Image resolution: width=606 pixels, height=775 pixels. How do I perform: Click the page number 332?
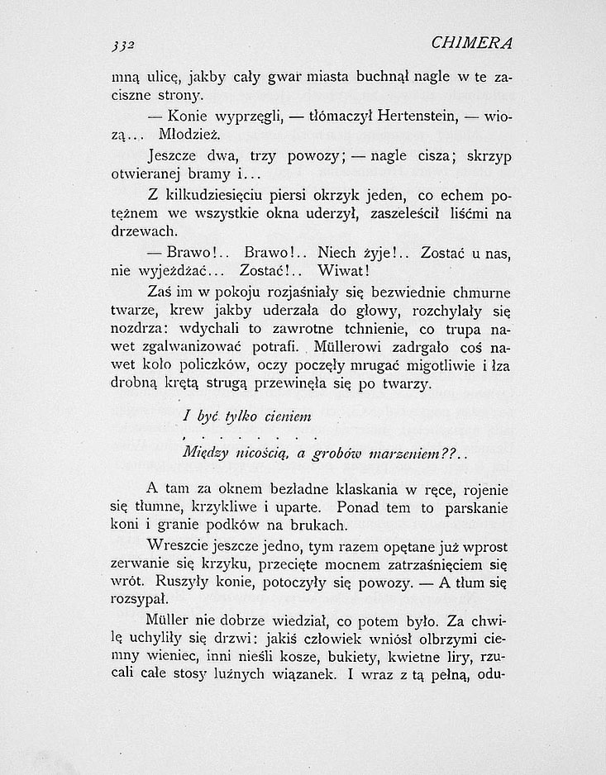pos(123,45)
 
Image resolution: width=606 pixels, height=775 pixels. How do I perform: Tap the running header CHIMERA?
pos(477,42)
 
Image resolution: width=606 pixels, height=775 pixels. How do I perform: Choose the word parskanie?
pos(474,508)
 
